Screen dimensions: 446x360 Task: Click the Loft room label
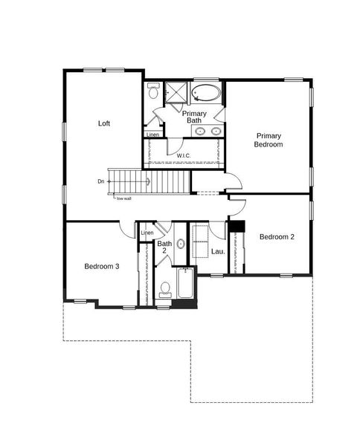coord(104,123)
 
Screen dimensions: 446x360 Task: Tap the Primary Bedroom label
coord(269,140)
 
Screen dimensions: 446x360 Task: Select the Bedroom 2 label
coord(277,237)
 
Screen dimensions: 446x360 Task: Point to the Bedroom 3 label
coord(101,266)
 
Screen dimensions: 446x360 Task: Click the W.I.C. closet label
coord(184,155)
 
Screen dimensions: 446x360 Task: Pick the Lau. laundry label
coord(218,251)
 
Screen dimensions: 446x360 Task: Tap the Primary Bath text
coord(194,117)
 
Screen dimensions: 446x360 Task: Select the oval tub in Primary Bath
coord(206,94)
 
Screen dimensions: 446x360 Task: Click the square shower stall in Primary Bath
coord(176,93)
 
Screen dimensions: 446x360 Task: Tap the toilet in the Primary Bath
coord(153,93)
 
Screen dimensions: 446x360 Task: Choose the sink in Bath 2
coord(181,244)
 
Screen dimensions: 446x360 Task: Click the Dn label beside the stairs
coord(100,181)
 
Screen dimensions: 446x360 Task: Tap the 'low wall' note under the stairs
coord(123,198)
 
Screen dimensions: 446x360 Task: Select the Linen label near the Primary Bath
coord(152,135)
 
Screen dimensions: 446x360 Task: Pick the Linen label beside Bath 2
coord(147,233)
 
